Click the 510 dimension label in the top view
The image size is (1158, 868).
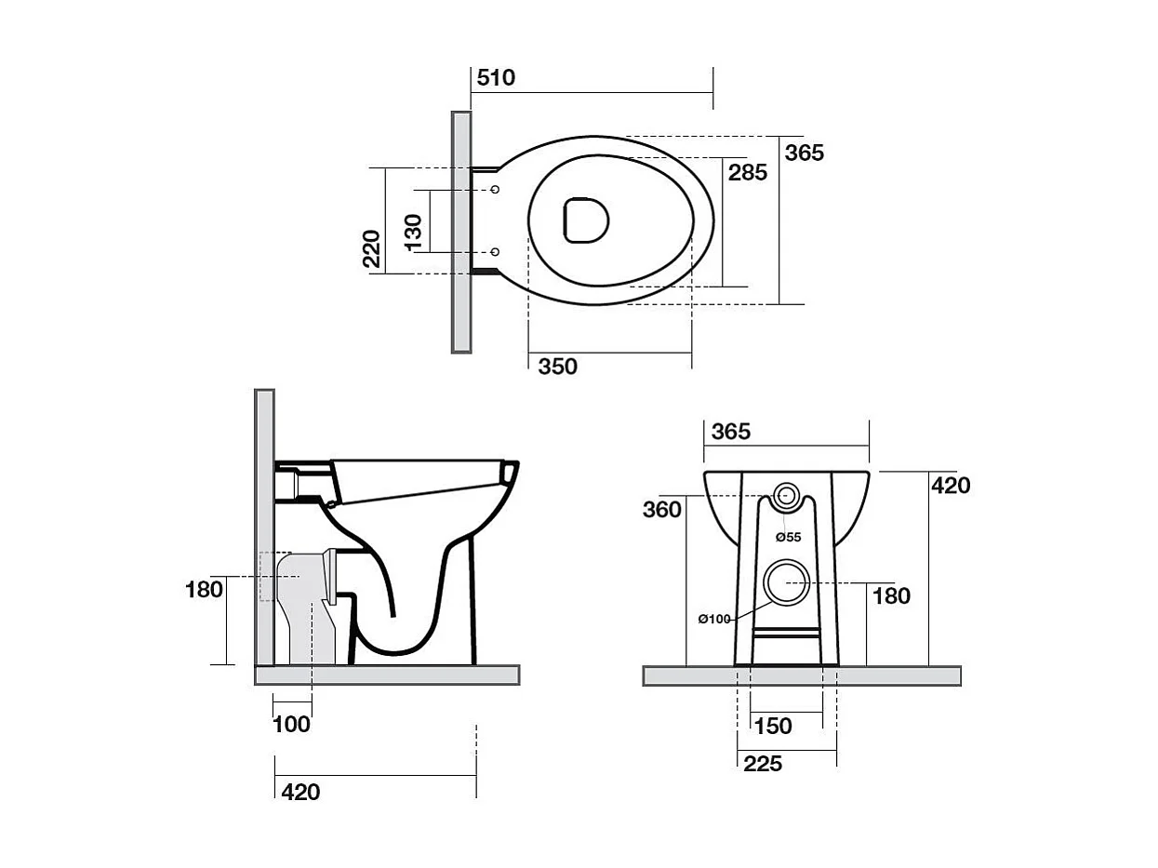(x=496, y=77)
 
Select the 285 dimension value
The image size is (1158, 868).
(x=748, y=172)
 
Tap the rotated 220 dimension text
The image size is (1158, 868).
(x=372, y=248)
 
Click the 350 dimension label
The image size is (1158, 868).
(x=557, y=367)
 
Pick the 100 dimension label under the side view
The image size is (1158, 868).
(x=291, y=724)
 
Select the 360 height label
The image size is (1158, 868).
(x=661, y=509)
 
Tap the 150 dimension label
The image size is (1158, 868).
(x=773, y=726)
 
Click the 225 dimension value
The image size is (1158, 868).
(x=762, y=764)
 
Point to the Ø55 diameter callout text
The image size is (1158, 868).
(x=789, y=537)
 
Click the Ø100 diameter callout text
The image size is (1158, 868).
(x=715, y=619)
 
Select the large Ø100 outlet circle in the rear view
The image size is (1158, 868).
(x=787, y=581)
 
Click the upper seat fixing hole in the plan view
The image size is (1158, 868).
(x=495, y=190)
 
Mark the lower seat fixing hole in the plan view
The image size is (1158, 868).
(x=495, y=251)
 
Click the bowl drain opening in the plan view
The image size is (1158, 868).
(x=586, y=220)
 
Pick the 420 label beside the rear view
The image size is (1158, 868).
(x=951, y=485)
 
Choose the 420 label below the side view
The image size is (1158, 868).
(x=300, y=792)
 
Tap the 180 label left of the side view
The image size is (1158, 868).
(x=204, y=589)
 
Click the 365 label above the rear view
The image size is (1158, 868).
(x=730, y=432)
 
